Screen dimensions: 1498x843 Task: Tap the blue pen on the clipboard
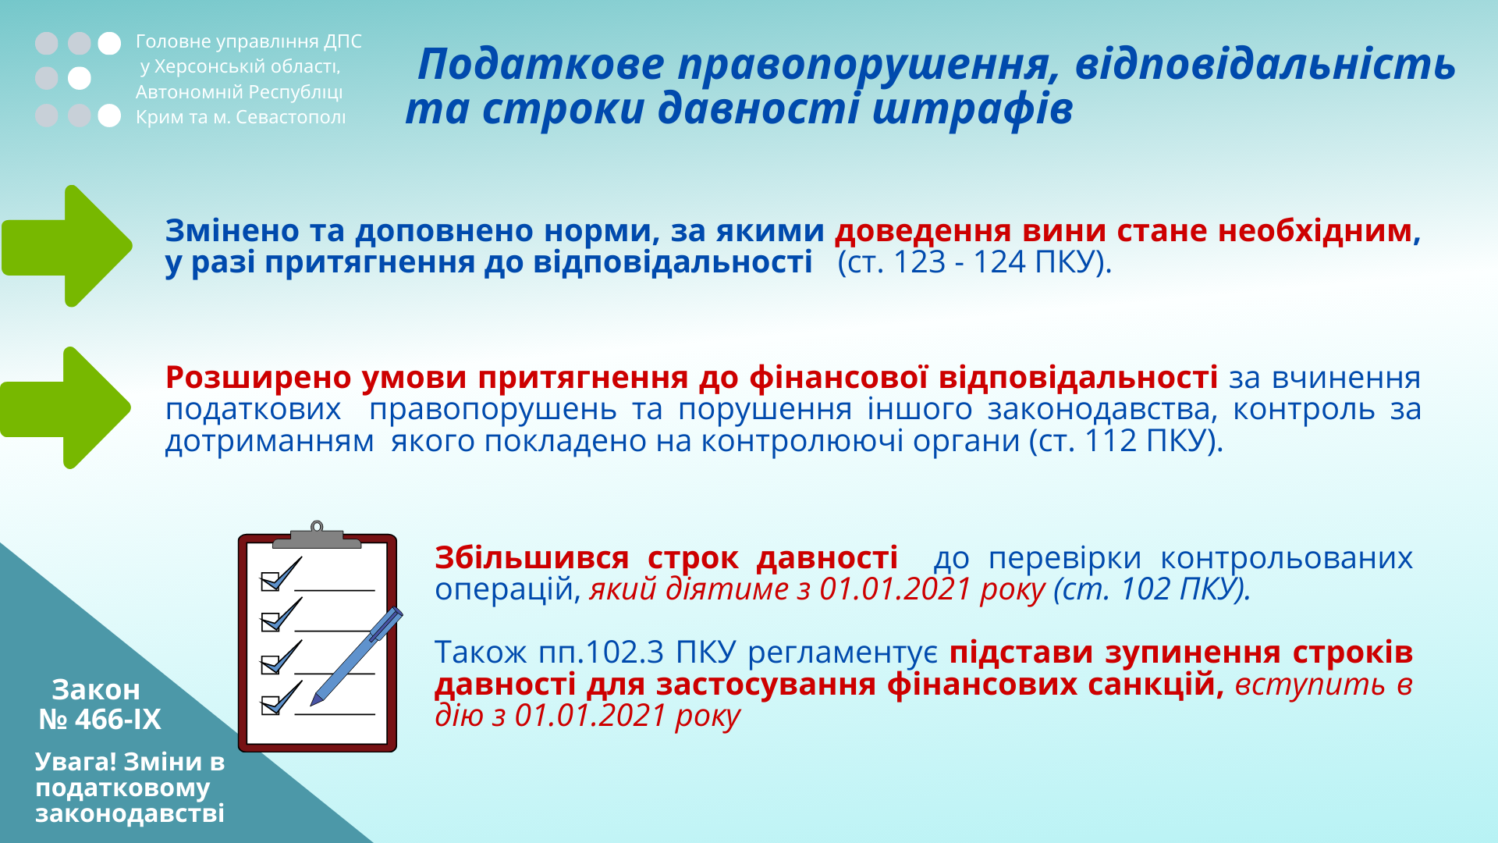(x=357, y=656)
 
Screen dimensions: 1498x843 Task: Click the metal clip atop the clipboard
(x=317, y=535)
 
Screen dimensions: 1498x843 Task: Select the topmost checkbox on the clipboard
(x=270, y=582)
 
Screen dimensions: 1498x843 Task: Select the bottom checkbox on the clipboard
(x=270, y=706)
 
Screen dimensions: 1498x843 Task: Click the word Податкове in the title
(x=541, y=64)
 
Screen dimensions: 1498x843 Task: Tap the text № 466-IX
(x=100, y=719)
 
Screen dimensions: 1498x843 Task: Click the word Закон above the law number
(x=96, y=690)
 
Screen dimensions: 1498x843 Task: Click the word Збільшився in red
(x=531, y=558)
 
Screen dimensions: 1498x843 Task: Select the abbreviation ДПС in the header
(x=343, y=41)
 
